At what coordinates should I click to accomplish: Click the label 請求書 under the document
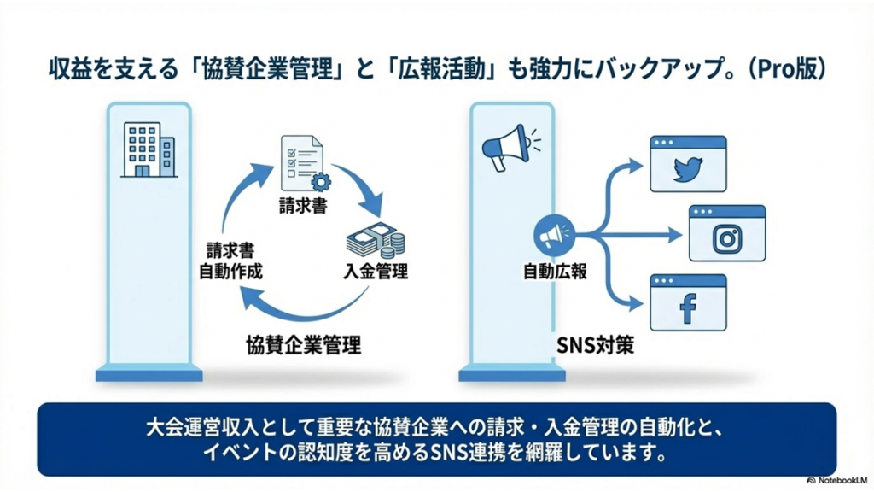[301, 206]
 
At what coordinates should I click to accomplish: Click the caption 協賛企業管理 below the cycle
[302, 345]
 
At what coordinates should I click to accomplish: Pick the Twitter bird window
[687, 163]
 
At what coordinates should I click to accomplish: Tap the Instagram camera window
[726, 232]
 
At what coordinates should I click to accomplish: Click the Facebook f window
[687, 302]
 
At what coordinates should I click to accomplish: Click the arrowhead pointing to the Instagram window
[673, 231]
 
